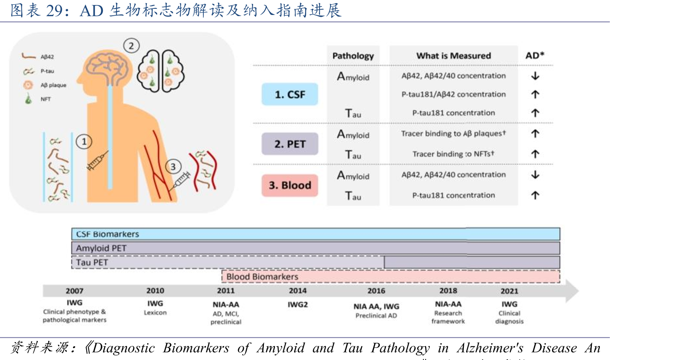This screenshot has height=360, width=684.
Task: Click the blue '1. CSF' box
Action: [x=290, y=94]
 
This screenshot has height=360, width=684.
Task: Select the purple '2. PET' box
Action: [x=290, y=144]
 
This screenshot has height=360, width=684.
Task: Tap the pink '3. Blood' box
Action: [x=290, y=185]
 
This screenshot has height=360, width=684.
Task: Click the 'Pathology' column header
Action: [x=353, y=56]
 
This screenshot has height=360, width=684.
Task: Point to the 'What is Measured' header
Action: [x=453, y=56]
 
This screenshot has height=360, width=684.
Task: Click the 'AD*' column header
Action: [x=535, y=55]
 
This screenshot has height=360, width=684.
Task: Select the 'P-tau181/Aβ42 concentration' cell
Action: [x=453, y=94]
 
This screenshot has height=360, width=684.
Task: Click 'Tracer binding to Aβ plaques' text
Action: [x=453, y=134]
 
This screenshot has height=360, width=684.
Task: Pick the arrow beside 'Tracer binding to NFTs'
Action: [x=535, y=154]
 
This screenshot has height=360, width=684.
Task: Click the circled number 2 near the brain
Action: [x=131, y=46]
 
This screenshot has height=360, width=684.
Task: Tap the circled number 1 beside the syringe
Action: [x=84, y=142]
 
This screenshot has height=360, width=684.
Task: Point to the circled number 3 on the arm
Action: [x=173, y=167]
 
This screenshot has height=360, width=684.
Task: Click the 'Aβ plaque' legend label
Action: [x=54, y=85]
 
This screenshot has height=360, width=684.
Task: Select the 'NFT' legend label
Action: [x=45, y=99]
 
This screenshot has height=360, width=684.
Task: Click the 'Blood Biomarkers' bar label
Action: [x=262, y=276]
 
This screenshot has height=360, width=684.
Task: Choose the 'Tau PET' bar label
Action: [x=92, y=262]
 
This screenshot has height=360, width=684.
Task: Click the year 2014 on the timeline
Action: [x=297, y=291]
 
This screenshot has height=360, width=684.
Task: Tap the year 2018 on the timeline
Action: [x=448, y=291]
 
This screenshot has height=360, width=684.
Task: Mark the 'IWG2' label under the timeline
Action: [x=297, y=305]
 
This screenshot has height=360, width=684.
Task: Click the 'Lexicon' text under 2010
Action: [x=155, y=313]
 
